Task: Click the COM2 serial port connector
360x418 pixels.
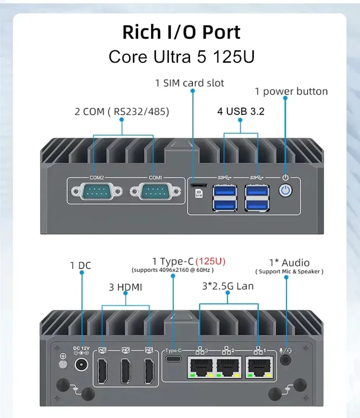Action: point(97,191)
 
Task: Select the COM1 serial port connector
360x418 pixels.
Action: point(155,191)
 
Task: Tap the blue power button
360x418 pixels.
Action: point(285,190)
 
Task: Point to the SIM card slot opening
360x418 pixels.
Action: point(199,185)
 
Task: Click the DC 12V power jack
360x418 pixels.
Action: point(81,364)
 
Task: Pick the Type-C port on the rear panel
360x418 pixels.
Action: point(173,359)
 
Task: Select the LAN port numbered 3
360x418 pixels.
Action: point(201,367)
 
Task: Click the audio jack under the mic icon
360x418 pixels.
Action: point(286,360)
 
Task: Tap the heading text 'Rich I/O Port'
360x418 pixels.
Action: point(181,32)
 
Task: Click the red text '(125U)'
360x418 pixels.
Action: point(210,261)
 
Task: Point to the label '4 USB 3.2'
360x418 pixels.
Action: point(241,111)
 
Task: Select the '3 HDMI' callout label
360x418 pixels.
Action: point(125,287)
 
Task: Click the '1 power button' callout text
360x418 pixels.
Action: point(291,92)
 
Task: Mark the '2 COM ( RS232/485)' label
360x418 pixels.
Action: point(122,111)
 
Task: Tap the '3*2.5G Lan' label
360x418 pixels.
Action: point(228,286)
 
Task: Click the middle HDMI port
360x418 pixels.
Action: point(126,371)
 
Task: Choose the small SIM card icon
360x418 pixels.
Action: point(199,193)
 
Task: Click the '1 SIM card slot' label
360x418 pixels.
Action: point(189,83)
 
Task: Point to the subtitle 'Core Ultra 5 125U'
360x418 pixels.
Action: point(182,56)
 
